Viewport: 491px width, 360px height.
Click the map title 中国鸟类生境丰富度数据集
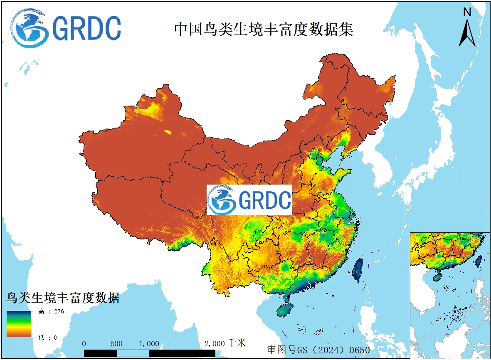264,29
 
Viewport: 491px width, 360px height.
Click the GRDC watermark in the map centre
249,200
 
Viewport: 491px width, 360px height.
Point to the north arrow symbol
467,33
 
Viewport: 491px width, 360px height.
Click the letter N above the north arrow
467,12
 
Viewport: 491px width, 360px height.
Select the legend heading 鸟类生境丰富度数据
63,298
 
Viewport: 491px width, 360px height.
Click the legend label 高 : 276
51,311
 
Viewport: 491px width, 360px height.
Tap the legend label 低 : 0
48,337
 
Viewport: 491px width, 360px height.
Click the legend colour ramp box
19,324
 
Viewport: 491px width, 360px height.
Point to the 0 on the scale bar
84,344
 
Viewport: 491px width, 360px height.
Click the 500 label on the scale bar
116,344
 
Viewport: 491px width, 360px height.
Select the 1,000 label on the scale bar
149,344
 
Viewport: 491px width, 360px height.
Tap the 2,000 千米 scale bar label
225,343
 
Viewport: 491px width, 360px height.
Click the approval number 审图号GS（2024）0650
318,350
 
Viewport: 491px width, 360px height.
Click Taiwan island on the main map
358,270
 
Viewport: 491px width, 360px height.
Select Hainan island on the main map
284,310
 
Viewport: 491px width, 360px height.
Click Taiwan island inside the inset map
479,260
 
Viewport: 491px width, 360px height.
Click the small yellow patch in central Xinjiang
168,132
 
